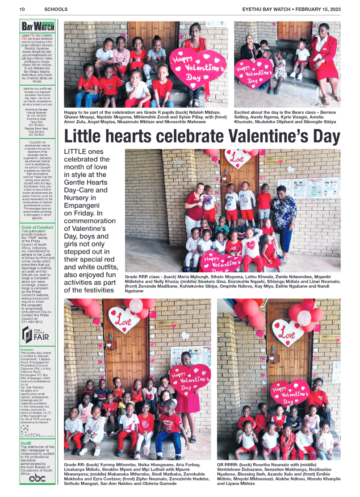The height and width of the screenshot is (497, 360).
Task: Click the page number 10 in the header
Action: click(21, 9)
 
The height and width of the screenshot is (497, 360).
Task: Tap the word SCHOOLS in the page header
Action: click(56, 9)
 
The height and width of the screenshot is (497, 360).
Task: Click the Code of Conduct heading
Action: click(37, 227)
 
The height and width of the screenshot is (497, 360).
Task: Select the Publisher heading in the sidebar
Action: click(27, 350)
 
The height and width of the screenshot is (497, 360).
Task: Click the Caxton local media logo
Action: click(37, 432)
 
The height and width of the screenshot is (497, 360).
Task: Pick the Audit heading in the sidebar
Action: click(26, 443)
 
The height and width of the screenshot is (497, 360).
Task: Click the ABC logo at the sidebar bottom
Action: click(37, 478)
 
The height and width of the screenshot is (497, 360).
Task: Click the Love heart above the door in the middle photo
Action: click(237, 158)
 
